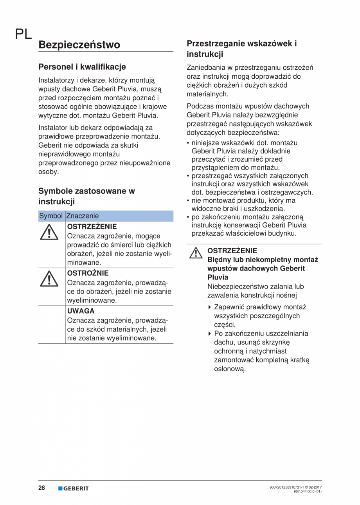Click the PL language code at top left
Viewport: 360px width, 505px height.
click(23, 34)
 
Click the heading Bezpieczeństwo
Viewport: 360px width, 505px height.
click(79, 45)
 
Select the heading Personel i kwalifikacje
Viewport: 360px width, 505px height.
click(82, 67)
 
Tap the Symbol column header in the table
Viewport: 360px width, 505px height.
click(51, 216)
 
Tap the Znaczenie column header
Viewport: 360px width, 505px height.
click(83, 216)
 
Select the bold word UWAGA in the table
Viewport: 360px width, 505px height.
click(81, 311)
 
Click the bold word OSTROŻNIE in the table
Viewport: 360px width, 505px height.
click(88, 273)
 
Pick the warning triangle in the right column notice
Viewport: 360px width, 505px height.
click(193, 253)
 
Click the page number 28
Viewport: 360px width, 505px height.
click(41, 488)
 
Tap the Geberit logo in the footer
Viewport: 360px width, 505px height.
click(74, 488)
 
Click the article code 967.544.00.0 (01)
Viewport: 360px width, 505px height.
click(308, 491)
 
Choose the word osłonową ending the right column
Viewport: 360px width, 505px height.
click(230, 369)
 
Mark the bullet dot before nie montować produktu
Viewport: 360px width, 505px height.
click(188, 201)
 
